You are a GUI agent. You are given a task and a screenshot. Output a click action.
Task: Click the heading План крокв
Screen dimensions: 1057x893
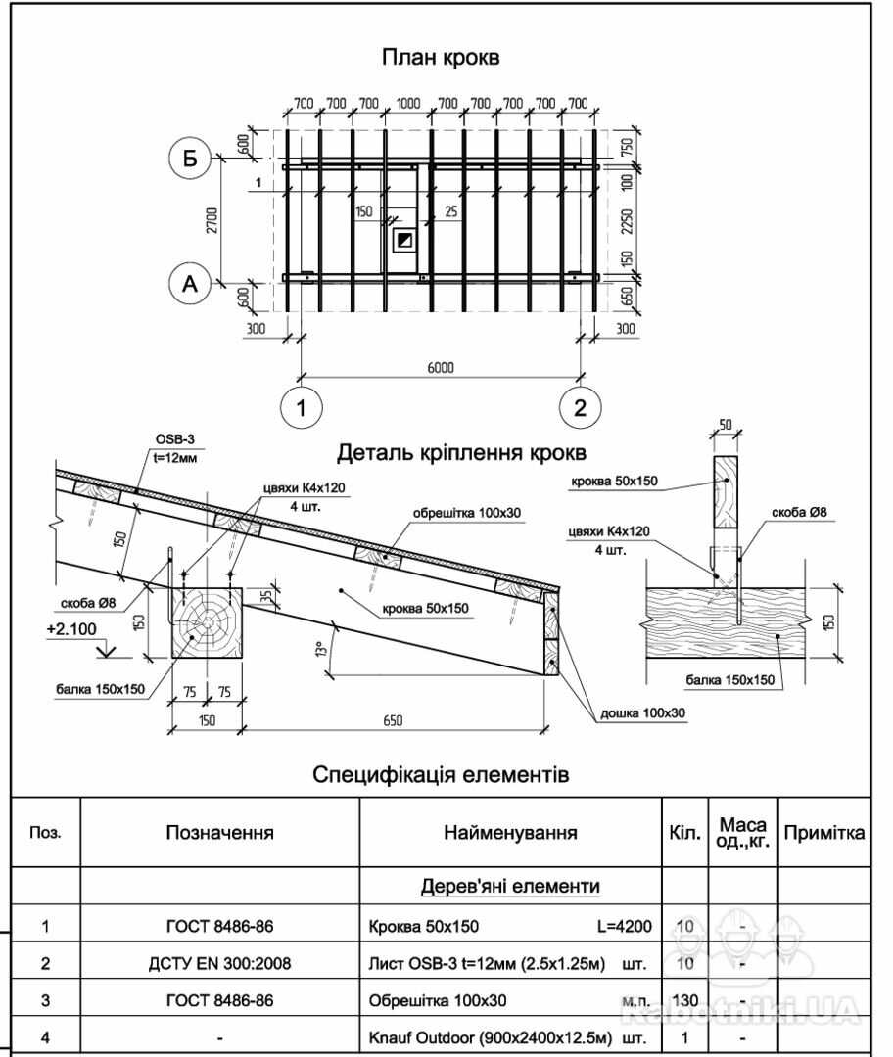441,57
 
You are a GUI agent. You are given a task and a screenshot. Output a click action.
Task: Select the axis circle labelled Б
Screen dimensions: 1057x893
189,158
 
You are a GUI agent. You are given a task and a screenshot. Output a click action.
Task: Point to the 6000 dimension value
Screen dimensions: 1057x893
442,367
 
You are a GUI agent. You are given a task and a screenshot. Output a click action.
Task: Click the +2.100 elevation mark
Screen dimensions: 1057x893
70,629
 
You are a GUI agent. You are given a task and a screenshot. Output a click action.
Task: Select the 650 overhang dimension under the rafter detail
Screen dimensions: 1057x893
393,721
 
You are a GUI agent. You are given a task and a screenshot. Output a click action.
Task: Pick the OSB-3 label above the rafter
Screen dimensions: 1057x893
175,439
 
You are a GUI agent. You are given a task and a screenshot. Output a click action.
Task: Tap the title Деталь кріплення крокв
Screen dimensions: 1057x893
462,453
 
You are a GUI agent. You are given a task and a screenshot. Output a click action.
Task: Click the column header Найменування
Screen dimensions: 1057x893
510,833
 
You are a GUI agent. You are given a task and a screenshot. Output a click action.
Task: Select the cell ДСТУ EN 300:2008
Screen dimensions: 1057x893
219,963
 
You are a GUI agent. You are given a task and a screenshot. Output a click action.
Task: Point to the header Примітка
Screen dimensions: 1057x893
824,833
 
